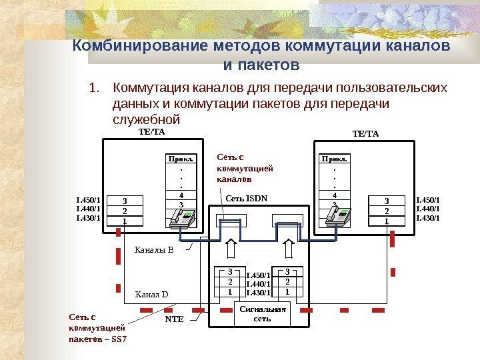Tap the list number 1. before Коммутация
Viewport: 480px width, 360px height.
(95, 88)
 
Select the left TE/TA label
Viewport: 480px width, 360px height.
(151, 132)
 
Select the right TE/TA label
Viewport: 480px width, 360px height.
(365, 133)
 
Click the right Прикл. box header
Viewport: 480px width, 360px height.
(335, 159)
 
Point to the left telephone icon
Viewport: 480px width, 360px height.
(182, 217)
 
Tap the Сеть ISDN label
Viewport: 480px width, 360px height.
(246, 197)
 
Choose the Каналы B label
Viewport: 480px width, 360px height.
(154, 250)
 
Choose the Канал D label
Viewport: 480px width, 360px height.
(152, 293)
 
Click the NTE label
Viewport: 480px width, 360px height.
(174, 319)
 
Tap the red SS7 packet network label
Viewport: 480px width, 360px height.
(97, 328)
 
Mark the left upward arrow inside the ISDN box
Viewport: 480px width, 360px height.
(231, 249)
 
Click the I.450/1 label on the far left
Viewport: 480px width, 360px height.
(89, 199)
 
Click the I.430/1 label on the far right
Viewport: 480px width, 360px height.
(428, 217)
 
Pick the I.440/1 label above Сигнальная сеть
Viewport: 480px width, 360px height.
(258, 283)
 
